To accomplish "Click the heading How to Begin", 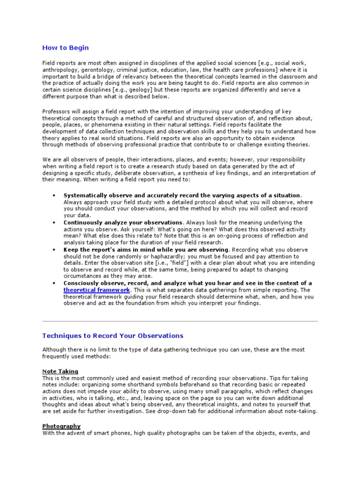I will pyautogui.click(x=65, y=48).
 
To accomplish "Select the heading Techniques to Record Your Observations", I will pyautogui.click(x=112, y=336).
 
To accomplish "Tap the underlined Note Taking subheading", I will pyautogui.click(x=60, y=371).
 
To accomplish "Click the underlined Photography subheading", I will pyautogui.click(x=61, y=426).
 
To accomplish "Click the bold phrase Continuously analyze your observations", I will pyautogui.click(x=123, y=222).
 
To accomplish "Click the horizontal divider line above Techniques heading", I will pyautogui.click(x=180, y=321).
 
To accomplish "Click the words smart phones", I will pyautogui.click(x=112, y=434).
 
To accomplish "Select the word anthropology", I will pyautogui.click(x=60, y=70).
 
